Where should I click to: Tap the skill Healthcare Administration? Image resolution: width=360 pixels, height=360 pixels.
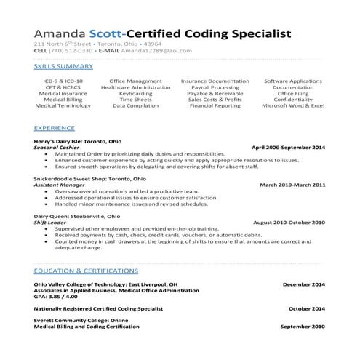(135, 87)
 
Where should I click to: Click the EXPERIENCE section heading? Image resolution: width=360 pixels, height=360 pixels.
(55, 127)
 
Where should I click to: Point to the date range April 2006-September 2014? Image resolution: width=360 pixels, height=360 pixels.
(287, 147)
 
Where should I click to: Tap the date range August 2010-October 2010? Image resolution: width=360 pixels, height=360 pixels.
(289, 223)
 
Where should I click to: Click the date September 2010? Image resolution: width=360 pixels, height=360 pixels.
(302, 327)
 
